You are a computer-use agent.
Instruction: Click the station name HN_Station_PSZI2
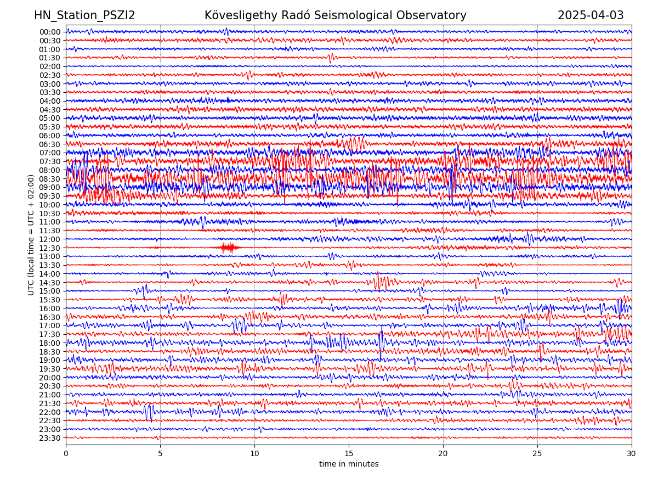tap(84, 16)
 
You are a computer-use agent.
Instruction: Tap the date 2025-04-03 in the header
tap(591, 16)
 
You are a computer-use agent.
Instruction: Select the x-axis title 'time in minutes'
tap(349, 464)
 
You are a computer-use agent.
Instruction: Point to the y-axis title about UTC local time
tap(31, 235)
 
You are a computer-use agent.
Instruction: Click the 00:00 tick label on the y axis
tap(50, 32)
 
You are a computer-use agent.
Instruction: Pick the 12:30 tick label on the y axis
tap(50, 248)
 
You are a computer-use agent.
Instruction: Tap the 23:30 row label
tap(50, 438)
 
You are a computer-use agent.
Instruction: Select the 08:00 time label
tap(50, 170)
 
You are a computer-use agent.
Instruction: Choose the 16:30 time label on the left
tap(50, 317)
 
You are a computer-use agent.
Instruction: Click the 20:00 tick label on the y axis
tap(50, 378)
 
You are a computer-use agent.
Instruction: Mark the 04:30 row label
tap(50, 110)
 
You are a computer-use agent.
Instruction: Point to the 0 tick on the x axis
tap(66, 453)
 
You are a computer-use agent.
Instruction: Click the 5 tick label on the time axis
tap(160, 453)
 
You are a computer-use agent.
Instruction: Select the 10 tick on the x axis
tap(254, 453)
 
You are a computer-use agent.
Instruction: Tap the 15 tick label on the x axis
tap(349, 453)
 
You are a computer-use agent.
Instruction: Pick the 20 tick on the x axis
tap(443, 453)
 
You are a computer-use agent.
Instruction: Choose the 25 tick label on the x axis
tap(537, 453)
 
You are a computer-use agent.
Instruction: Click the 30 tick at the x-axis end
tap(632, 453)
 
